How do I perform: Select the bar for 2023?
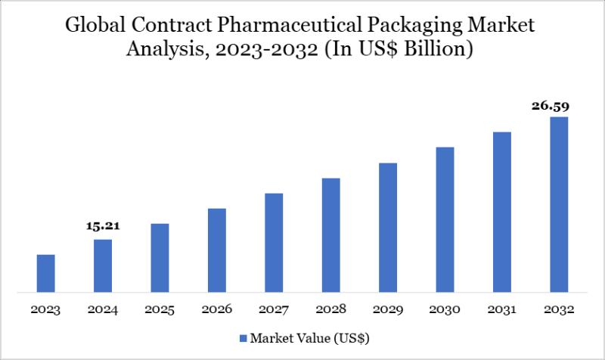pyautogui.click(x=46, y=273)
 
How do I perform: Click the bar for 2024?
pyautogui.click(x=103, y=265)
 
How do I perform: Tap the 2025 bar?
pyautogui.click(x=160, y=258)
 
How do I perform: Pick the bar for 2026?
pyautogui.click(x=217, y=250)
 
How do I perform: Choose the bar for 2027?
pyautogui.click(x=274, y=243)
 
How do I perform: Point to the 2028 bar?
pyautogui.click(x=330, y=235)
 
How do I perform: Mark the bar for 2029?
pyautogui.click(x=388, y=228)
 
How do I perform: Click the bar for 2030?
pyautogui.click(x=445, y=219)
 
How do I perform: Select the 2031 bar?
pyautogui.click(x=502, y=212)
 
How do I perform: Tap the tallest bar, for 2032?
pyautogui.click(x=559, y=204)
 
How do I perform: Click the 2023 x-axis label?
pyautogui.click(x=46, y=310)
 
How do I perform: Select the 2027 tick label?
pyautogui.click(x=274, y=310)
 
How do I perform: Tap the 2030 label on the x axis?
pyautogui.click(x=445, y=310)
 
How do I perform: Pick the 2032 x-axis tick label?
pyautogui.click(x=559, y=310)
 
